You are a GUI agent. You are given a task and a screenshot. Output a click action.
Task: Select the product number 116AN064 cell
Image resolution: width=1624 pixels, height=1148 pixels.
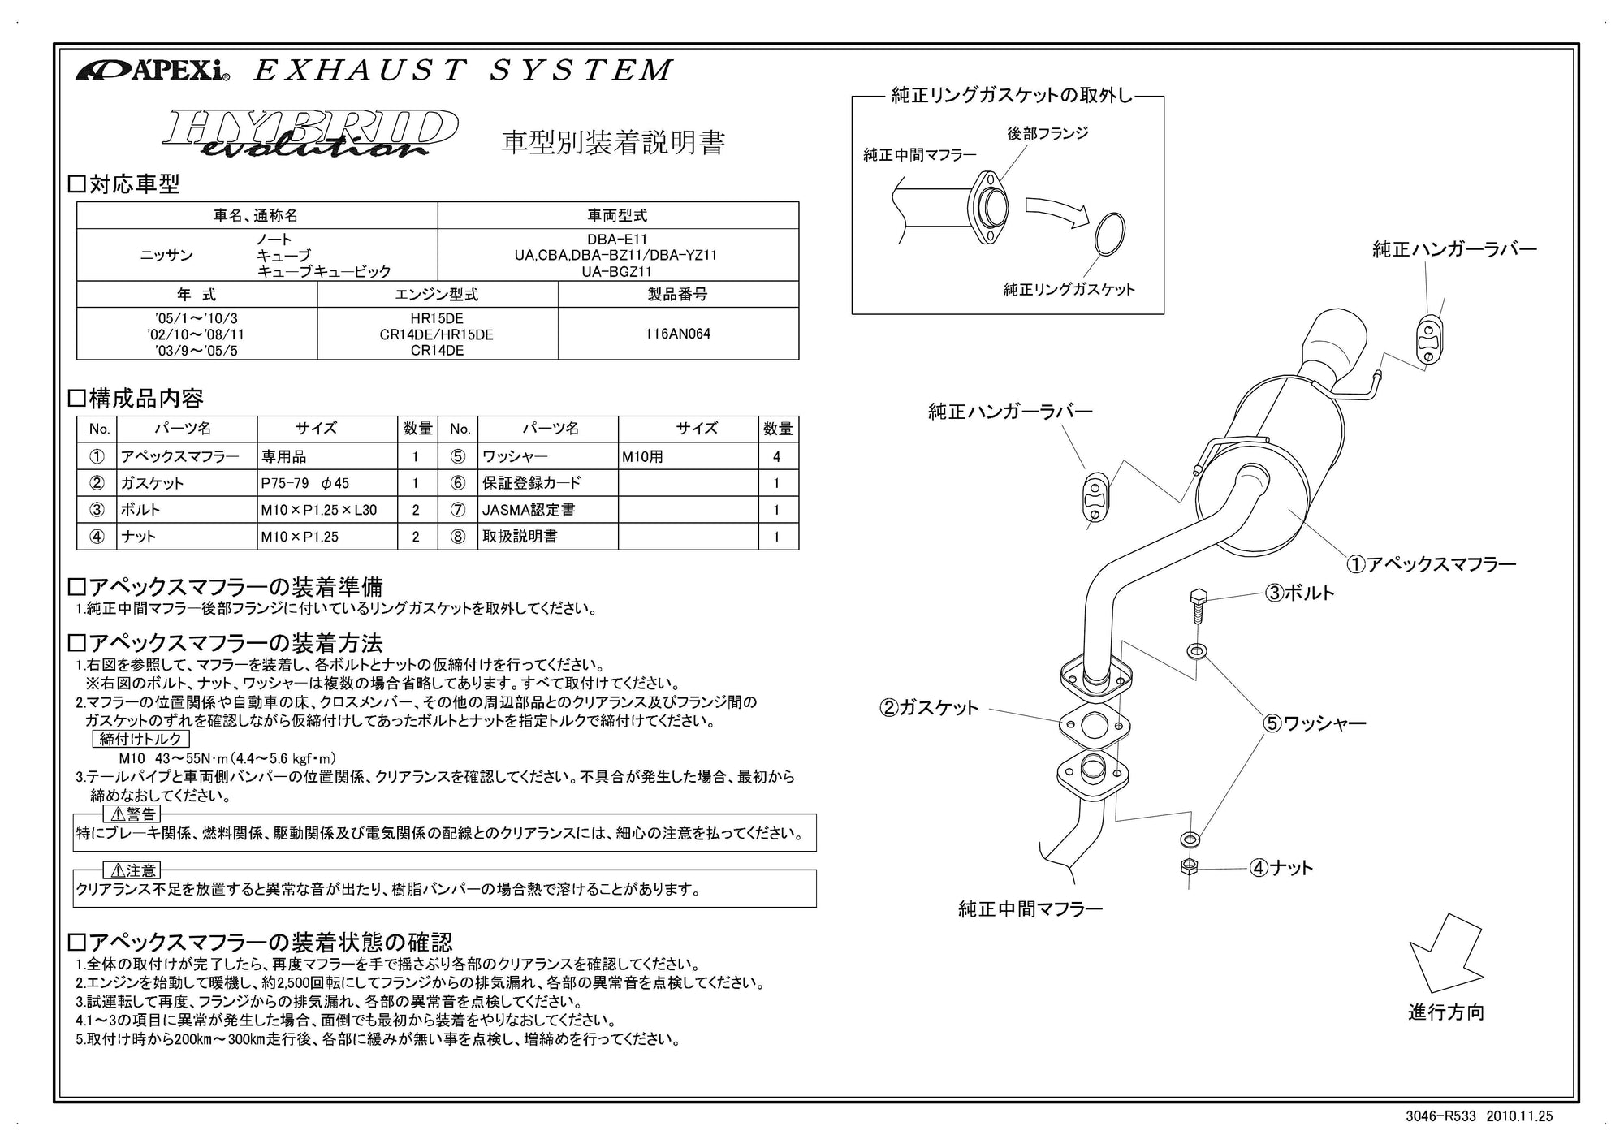point(678,334)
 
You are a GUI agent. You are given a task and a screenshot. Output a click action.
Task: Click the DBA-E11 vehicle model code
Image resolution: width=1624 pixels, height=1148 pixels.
point(617,240)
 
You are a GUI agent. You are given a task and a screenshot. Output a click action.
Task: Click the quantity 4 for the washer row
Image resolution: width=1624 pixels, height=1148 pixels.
point(777,456)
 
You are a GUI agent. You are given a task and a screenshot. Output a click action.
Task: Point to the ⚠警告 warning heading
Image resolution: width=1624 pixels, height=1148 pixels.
point(132,814)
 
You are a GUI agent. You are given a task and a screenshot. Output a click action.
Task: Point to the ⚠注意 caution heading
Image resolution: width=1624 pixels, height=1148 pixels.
point(132,870)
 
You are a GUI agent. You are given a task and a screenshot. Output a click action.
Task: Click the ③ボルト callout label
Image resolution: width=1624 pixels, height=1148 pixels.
point(1299,593)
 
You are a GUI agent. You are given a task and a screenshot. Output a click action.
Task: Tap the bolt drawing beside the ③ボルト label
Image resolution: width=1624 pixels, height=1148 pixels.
point(1197,606)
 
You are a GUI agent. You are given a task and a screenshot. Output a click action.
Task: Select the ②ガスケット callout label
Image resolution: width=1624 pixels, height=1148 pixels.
point(929,708)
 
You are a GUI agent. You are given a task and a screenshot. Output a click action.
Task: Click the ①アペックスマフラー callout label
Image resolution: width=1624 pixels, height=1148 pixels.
point(1431,563)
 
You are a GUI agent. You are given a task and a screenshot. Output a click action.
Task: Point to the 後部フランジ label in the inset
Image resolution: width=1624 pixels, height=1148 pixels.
point(1047,133)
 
